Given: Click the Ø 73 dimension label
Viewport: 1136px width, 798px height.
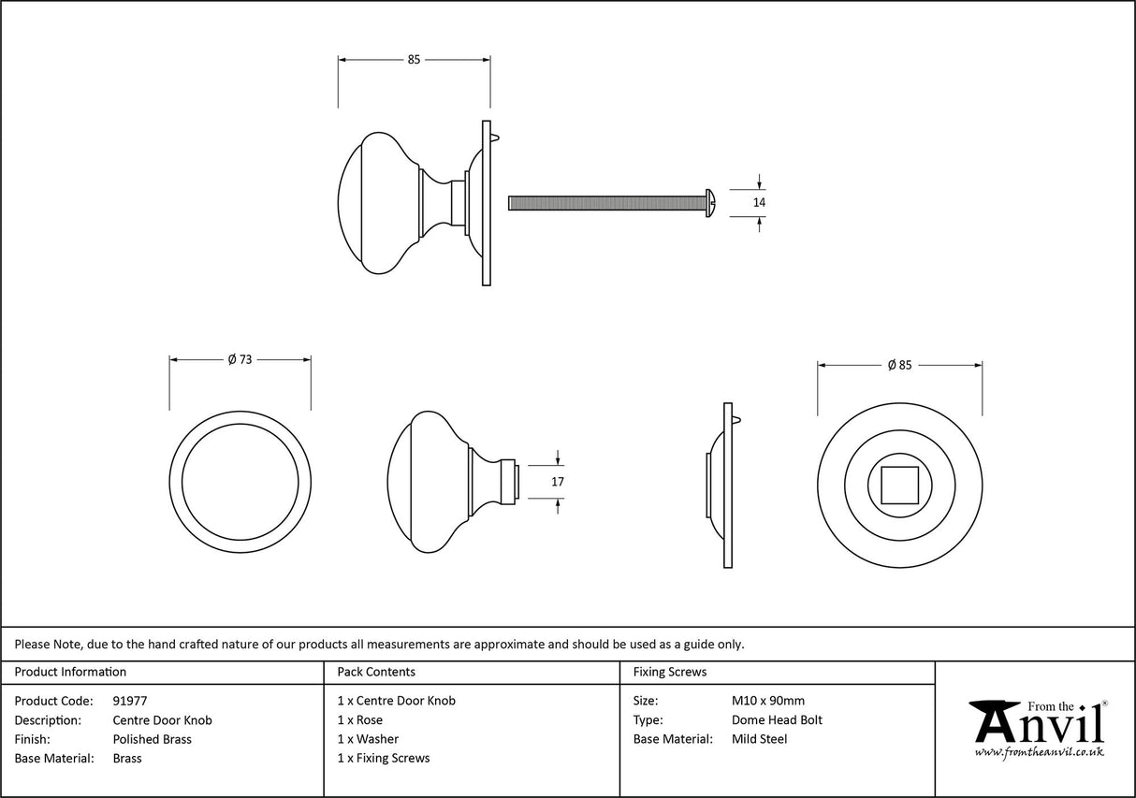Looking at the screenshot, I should click(x=240, y=359).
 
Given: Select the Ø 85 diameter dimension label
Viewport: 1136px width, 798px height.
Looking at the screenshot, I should click(x=898, y=365).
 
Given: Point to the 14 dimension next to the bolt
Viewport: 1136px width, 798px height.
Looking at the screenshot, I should click(x=759, y=201).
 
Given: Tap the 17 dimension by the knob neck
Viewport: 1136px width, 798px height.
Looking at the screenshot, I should click(x=558, y=481).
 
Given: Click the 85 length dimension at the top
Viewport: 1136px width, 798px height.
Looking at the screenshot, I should click(x=414, y=60).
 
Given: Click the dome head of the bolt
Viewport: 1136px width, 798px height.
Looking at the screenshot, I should click(x=710, y=201).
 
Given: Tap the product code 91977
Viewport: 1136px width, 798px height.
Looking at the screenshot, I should click(x=130, y=701).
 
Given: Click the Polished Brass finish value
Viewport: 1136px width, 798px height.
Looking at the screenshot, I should click(x=152, y=739).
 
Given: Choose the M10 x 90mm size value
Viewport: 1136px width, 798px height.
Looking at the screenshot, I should click(x=767, y=701).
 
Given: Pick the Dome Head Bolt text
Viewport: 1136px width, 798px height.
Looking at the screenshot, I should click(x=777, y=720).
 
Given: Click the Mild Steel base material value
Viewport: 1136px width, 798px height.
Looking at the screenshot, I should click(x=759, y=739).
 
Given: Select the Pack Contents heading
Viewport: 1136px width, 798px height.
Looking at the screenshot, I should click(x=376, y=672).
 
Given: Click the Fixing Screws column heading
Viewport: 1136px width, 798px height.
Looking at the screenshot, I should click(x=670, y=672).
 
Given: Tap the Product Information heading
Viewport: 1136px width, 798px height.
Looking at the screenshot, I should click(x=70, y=672).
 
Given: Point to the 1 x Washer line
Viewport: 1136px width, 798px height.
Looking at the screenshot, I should click(x=368, y=739).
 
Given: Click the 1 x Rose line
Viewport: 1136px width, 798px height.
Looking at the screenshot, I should click(x=360, y=720).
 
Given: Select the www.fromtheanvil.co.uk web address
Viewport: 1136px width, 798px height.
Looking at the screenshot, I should click(x=1039, y=752).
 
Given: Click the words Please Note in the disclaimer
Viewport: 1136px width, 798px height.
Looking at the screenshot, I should click(x=47, y=644).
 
